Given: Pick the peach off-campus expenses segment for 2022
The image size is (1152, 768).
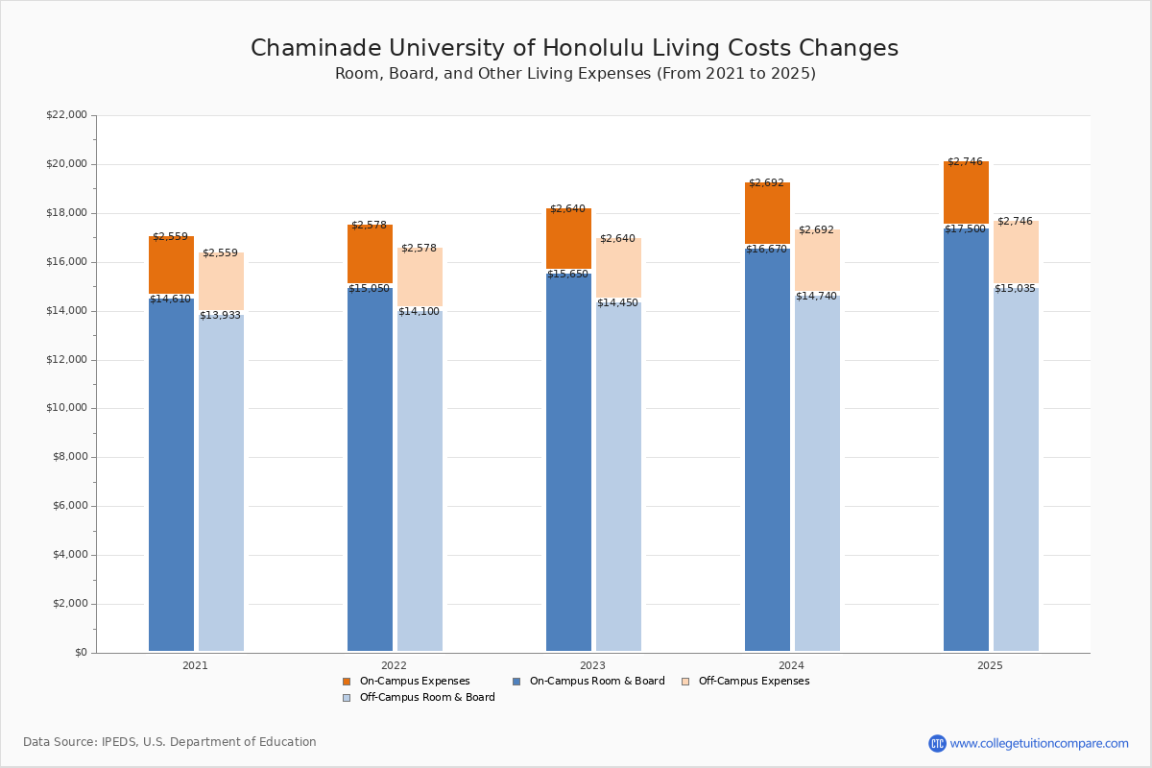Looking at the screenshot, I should point(420,278).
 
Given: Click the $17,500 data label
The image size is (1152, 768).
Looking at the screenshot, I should point(965,229).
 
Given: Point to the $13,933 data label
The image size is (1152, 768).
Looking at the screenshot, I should point(220,316).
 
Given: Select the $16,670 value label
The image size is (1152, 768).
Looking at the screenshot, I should point(766,250).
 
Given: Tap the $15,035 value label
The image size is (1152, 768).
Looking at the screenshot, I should point(1015,288).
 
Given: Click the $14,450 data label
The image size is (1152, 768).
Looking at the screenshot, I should point(617,303).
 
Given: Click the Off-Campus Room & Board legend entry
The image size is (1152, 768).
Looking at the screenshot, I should point(426,698).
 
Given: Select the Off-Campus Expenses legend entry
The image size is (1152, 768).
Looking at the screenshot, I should point(753,682).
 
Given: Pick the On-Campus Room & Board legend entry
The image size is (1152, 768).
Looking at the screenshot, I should point(596,682).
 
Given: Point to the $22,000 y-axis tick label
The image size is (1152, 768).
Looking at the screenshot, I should point(66,115).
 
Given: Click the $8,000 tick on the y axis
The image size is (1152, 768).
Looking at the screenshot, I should point(69,457).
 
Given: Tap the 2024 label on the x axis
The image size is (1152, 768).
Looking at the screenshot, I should point(791,665).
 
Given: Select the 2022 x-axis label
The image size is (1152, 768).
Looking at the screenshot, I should point(394,665).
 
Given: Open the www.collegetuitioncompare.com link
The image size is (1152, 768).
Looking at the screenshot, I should point(1039,743).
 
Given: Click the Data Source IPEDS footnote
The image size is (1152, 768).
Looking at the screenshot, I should point(170,742).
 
